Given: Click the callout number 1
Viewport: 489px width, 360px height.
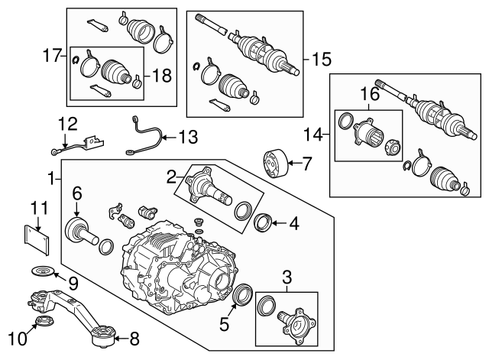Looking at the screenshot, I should tap(50, 180).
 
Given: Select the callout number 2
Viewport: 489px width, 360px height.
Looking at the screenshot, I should tap(172, 177).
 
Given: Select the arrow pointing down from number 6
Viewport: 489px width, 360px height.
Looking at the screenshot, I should tap(76, 207).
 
